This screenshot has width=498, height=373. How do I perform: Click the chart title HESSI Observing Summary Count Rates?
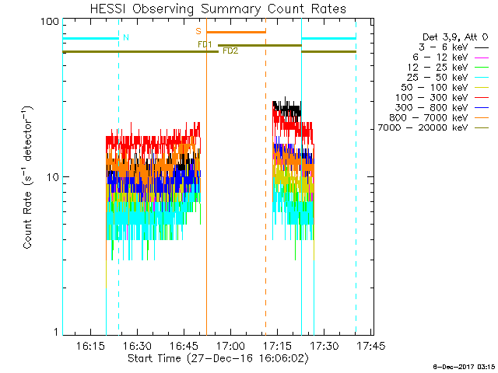[218, 9]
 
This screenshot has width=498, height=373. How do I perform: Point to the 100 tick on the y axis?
[50, 21]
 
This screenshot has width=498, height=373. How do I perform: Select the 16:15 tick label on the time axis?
[91, 345]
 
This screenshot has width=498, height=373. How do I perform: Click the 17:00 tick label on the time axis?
[231, 345]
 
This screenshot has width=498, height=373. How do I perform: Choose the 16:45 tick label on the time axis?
[184, 345]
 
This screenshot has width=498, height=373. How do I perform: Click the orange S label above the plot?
[198, 31]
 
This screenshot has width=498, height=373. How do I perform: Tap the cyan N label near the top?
[126, 37]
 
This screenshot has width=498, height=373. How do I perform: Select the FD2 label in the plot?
[230, 51]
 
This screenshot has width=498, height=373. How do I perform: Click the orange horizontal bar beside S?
[236, 32]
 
